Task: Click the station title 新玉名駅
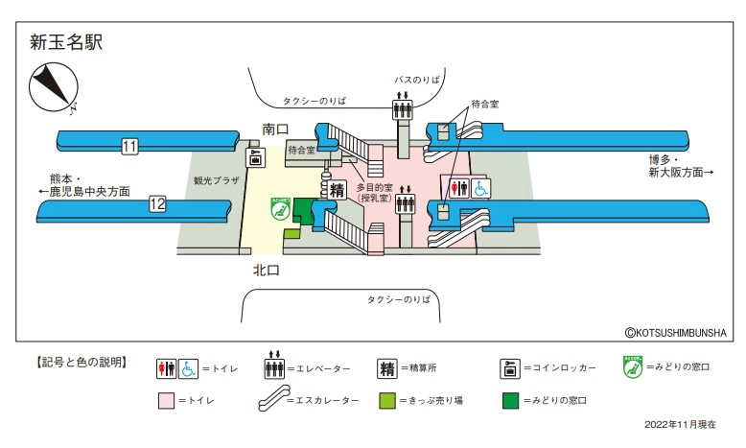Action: click(66, 42)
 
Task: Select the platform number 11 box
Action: click(130, 147)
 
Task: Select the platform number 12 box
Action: click(157, 203)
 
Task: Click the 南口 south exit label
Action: click(277, 129)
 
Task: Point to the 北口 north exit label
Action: click(266, 271)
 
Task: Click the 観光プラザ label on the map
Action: click(215, 179)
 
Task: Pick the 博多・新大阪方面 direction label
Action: click(680, 166)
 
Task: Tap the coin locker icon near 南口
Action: click(256, 158)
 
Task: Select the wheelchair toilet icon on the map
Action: click(480, 187)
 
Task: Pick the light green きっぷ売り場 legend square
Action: click(386, 400)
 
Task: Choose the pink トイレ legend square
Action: click(166, 400)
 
